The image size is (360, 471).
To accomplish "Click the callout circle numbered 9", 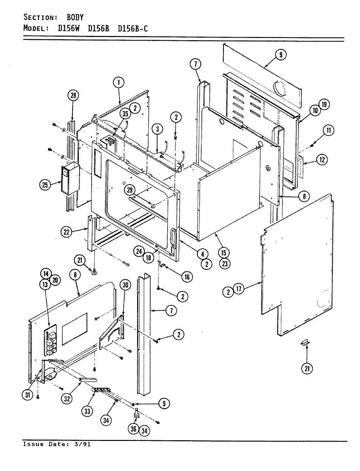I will [280, 55].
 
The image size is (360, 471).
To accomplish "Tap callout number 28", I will [73, 96].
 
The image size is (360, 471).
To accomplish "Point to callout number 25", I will [45, 185].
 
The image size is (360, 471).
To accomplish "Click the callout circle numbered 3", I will [157, 129].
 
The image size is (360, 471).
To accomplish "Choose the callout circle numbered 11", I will [328, 131].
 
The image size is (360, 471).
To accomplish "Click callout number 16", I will [187, 277].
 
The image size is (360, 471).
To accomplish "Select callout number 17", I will [239, 289].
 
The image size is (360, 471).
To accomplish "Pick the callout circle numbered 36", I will [134, 431].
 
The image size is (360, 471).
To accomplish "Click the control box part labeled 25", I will [70, 179].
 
